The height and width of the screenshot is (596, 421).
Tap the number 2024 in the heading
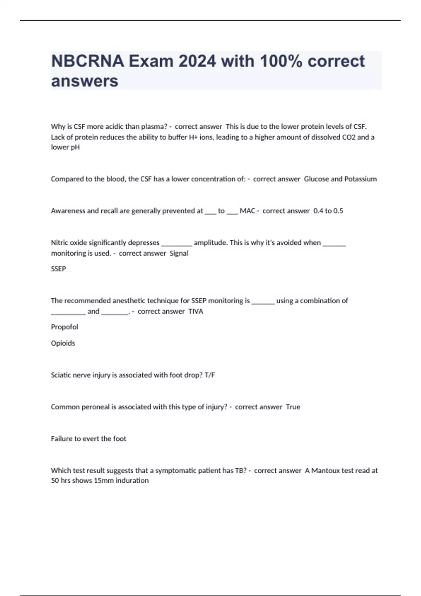coord(197,61)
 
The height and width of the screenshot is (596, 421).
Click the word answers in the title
coord(85,81)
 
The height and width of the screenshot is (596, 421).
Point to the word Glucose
coord(316,179)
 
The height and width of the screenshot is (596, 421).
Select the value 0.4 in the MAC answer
coord(318,211)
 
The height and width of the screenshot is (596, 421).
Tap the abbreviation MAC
coord(247,211)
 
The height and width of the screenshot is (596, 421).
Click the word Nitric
coord(59,243)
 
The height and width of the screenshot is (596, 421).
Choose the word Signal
coord(179,253)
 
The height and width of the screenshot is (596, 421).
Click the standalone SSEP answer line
coord(58,269)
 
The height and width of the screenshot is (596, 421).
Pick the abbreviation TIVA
coord(196,311)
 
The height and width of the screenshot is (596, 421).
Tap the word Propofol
coord(65,327)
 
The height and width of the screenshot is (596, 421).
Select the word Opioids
coord(63,343)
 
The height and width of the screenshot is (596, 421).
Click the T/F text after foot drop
coord(209,375)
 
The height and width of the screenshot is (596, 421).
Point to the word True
coord(293,407)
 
